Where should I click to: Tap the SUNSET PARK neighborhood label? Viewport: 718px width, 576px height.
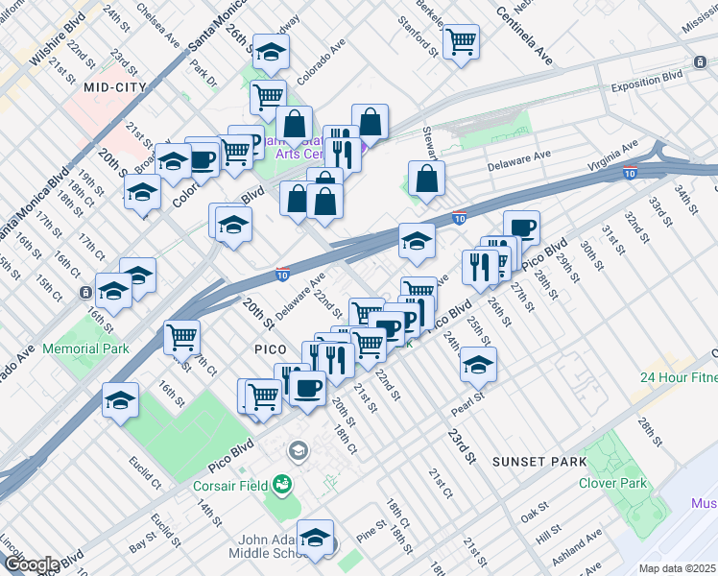click(538, 462)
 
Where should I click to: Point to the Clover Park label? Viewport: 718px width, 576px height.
click(614, 484)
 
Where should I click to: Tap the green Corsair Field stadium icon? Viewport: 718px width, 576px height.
click(281, 485)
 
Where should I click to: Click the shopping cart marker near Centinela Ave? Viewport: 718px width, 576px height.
click(461, 41)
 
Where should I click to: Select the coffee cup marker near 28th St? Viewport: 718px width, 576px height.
click(521, 228)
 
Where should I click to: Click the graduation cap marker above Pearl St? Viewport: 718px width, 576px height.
click(478, 364)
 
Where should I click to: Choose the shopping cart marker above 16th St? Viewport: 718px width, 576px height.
click(181, 336)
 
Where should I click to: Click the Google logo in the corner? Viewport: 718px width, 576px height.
click(31, 564)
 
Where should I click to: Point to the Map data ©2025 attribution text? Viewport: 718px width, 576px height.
click(677, 568)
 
